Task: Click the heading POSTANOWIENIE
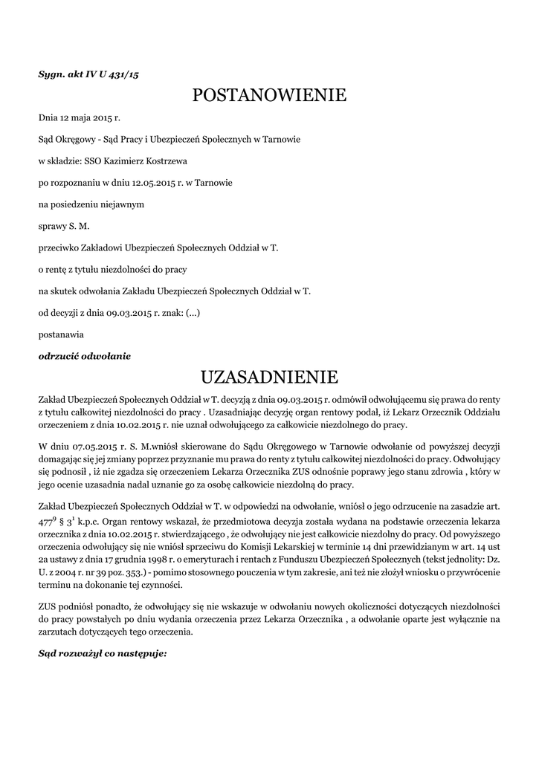click(269, 95)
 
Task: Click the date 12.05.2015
click(152, 182)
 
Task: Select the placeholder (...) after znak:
click(193, 313)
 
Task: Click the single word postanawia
click(61, 334)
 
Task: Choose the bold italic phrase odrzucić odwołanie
click(85, 356)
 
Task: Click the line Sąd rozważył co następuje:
click(102, 655)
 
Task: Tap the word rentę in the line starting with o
click(58, 269)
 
